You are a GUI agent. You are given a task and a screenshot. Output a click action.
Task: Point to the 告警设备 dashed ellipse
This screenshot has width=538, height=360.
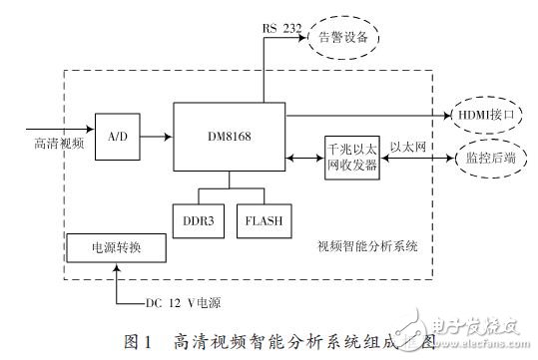(343, 37)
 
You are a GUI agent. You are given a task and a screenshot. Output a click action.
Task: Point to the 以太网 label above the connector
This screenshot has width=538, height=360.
(406, 146)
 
